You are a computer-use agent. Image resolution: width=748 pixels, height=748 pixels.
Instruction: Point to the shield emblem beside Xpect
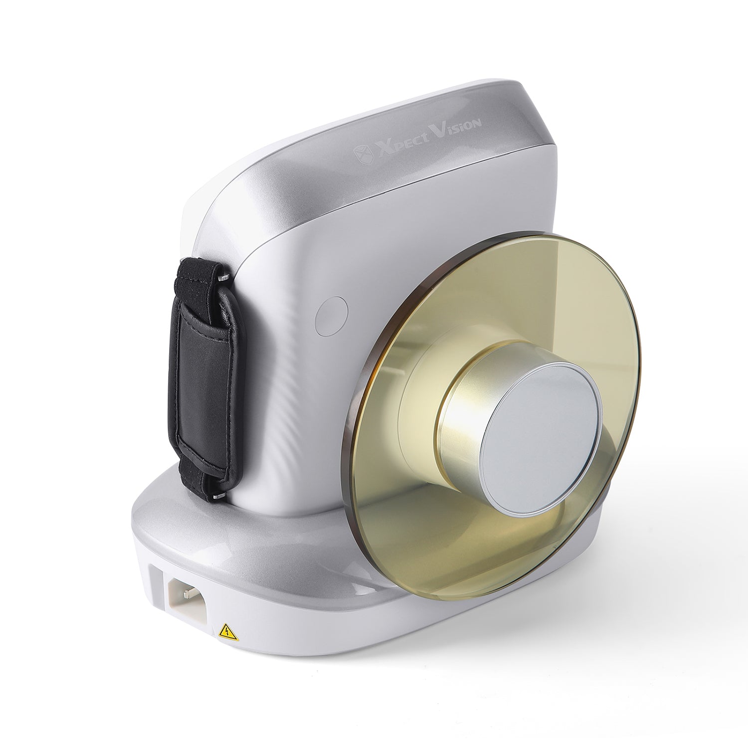[362, 154]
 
